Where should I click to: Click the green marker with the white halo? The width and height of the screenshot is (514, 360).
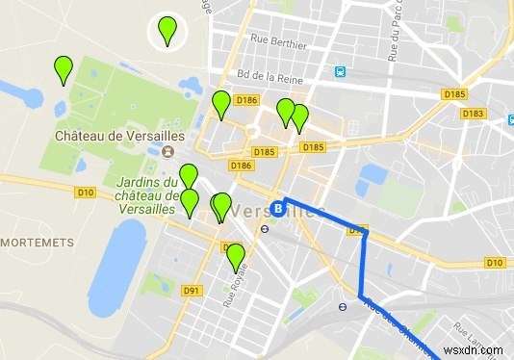click(x=168, y=31)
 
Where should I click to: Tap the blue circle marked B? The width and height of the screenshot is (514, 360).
click(x=278, y=207)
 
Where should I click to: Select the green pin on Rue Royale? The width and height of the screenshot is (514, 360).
click(x=235, y=257)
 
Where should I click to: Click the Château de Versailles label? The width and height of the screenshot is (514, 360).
click(x=119, y=136)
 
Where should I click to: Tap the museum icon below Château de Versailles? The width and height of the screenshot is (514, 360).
click(x=168, y=152)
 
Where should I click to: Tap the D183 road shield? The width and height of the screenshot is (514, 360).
click(x=472, y=114)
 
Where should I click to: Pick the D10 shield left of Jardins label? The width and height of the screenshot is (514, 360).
click(x=86, y=193)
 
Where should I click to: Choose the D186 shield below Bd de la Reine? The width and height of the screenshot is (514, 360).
click(x=247, y=99)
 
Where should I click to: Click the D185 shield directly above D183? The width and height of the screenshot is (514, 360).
click(x=453, y=93)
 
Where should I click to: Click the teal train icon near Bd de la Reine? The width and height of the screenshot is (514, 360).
click(x=340, y=72)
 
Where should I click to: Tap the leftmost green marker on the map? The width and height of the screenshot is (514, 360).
click(x=64, y=70)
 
